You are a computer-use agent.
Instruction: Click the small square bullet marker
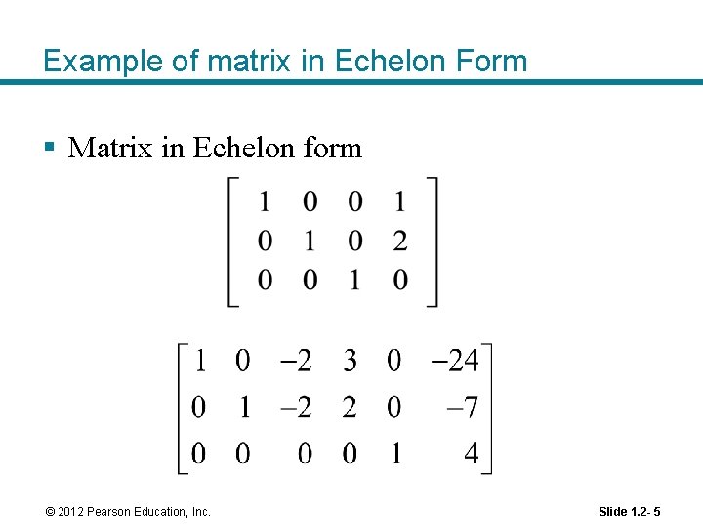coord(49,149)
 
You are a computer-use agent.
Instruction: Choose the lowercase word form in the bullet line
coord(332,148)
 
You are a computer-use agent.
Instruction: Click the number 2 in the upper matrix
coord(399,242)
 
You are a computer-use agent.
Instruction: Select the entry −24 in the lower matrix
coord(454,361)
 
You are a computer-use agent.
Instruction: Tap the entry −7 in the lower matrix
coord(462,407)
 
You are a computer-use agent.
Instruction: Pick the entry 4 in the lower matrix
coord(471,454)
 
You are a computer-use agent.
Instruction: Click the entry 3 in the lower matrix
coord(350,361)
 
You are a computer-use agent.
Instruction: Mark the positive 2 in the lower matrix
coord(350,407)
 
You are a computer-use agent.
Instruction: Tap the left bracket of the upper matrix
coord(232,242)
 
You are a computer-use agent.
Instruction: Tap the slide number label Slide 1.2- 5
coord(629,512)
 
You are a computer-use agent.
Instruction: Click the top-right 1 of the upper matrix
coord(399,202)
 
